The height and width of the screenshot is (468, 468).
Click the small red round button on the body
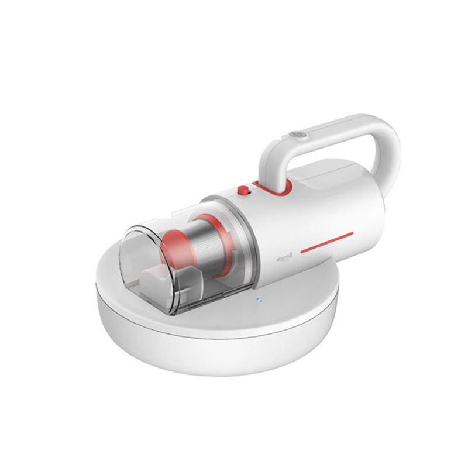[x=241, y=190]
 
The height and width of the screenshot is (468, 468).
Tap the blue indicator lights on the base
[x=258, y=301]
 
